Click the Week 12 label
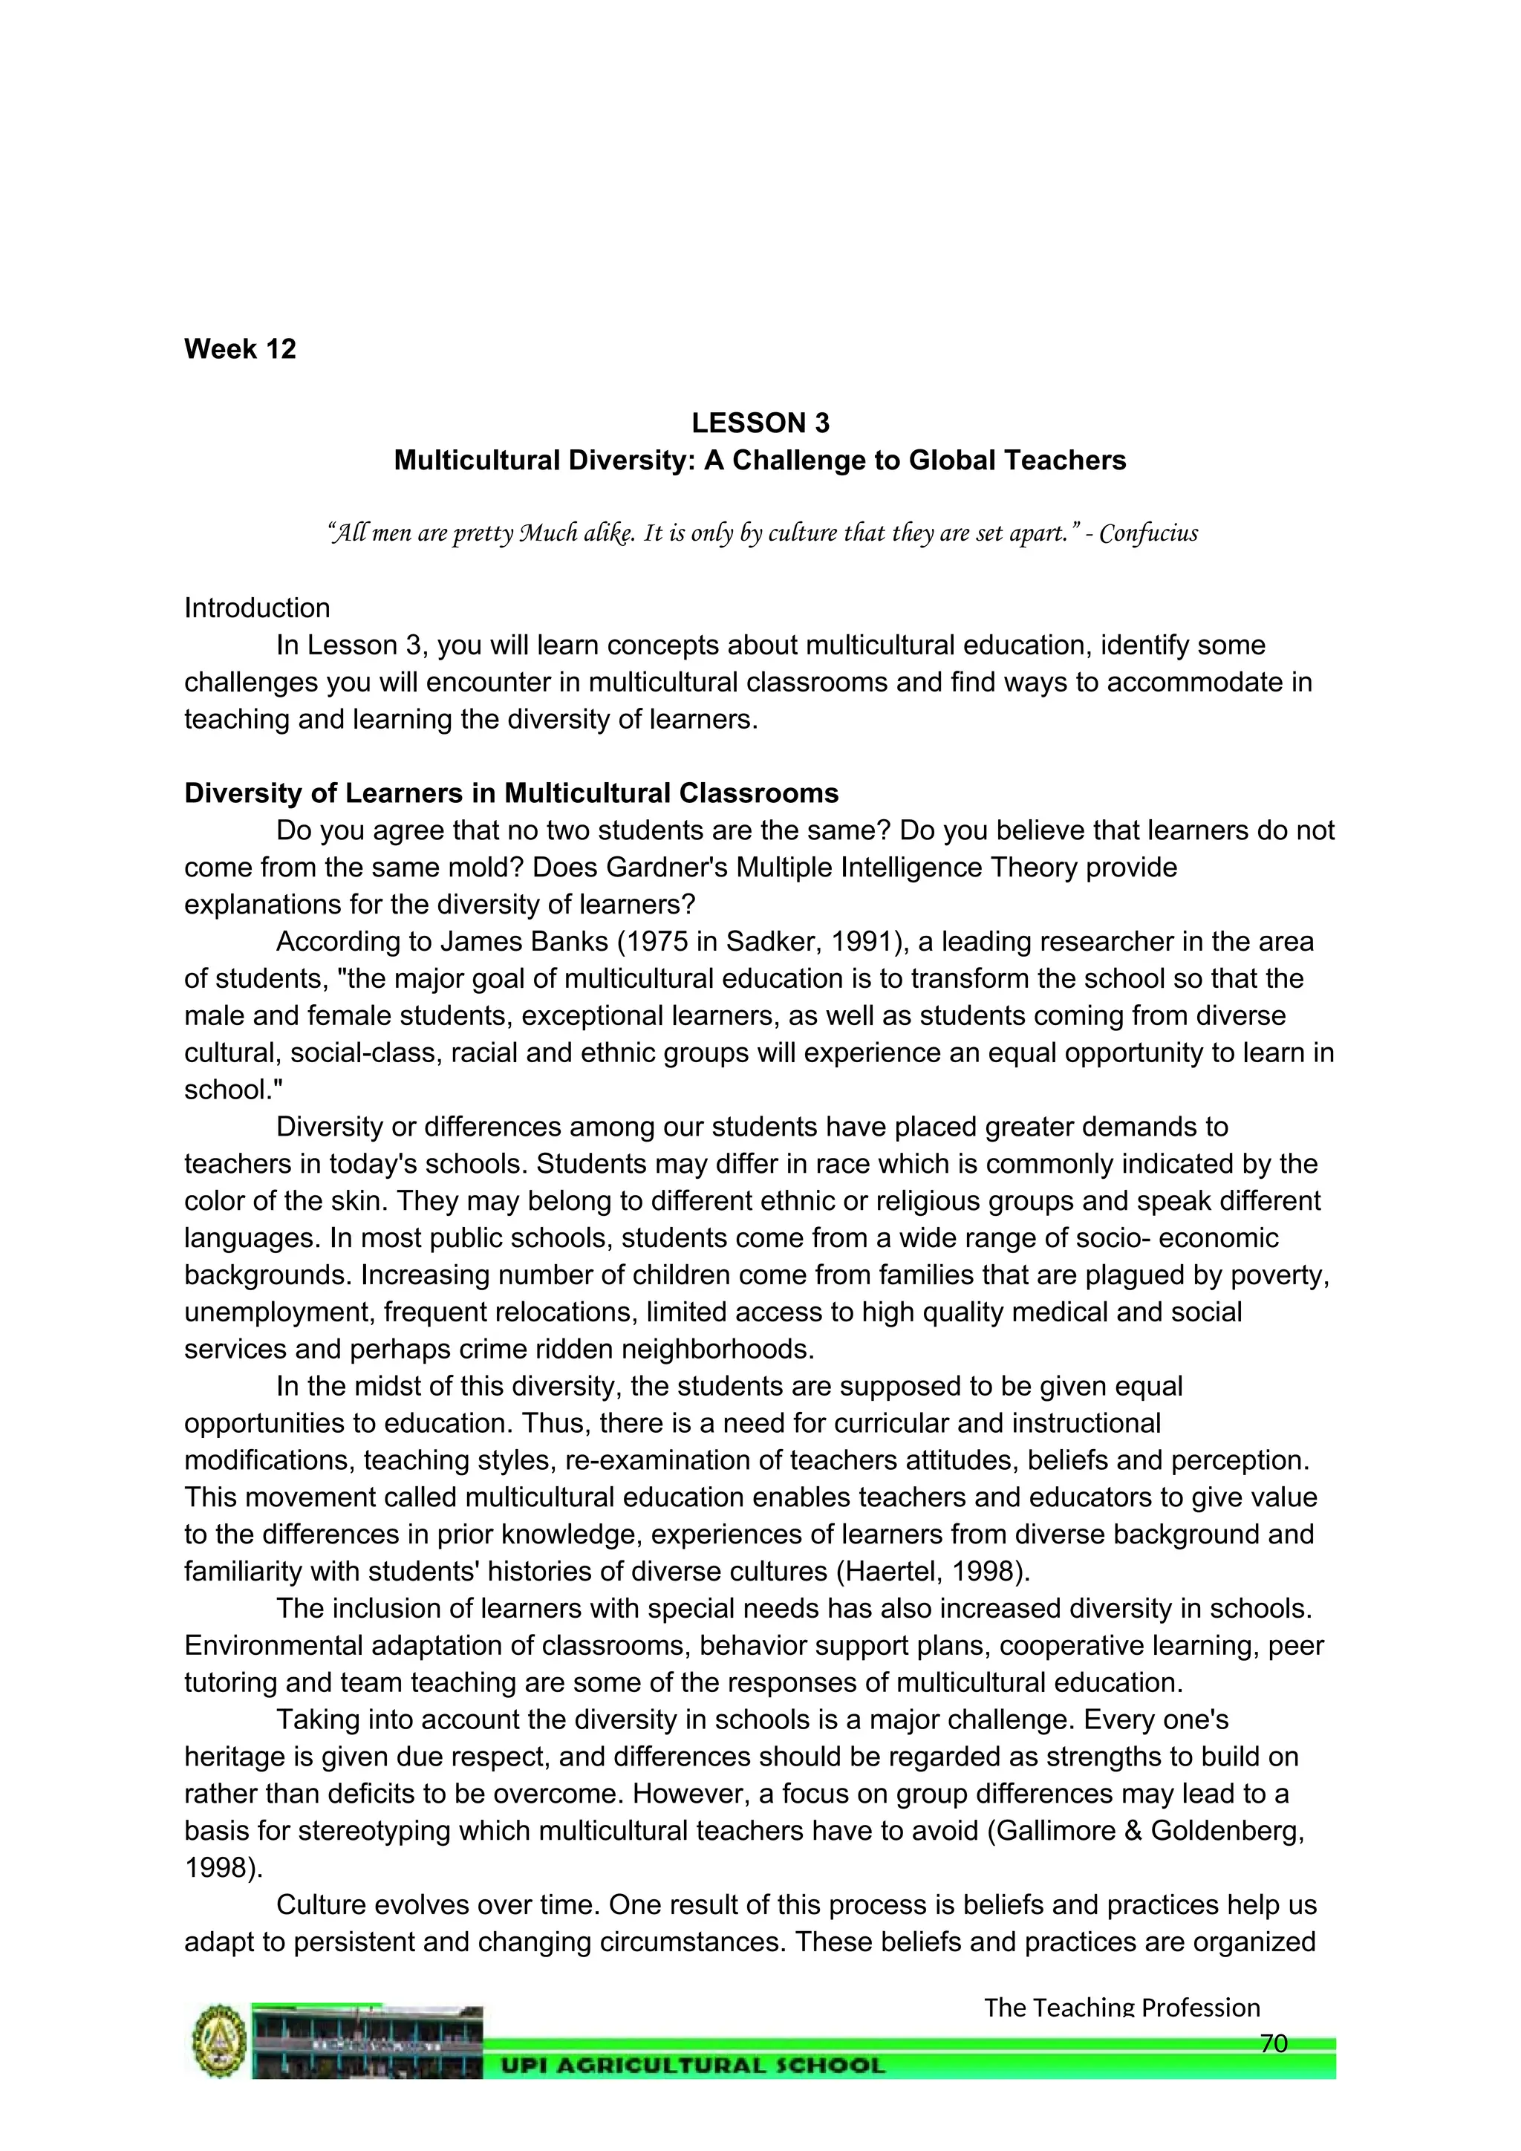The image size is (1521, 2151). (240, 348)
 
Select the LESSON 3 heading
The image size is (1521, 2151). (760, 423)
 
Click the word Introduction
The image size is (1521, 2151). (257, 608)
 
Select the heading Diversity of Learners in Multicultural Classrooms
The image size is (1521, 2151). (512, 793)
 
